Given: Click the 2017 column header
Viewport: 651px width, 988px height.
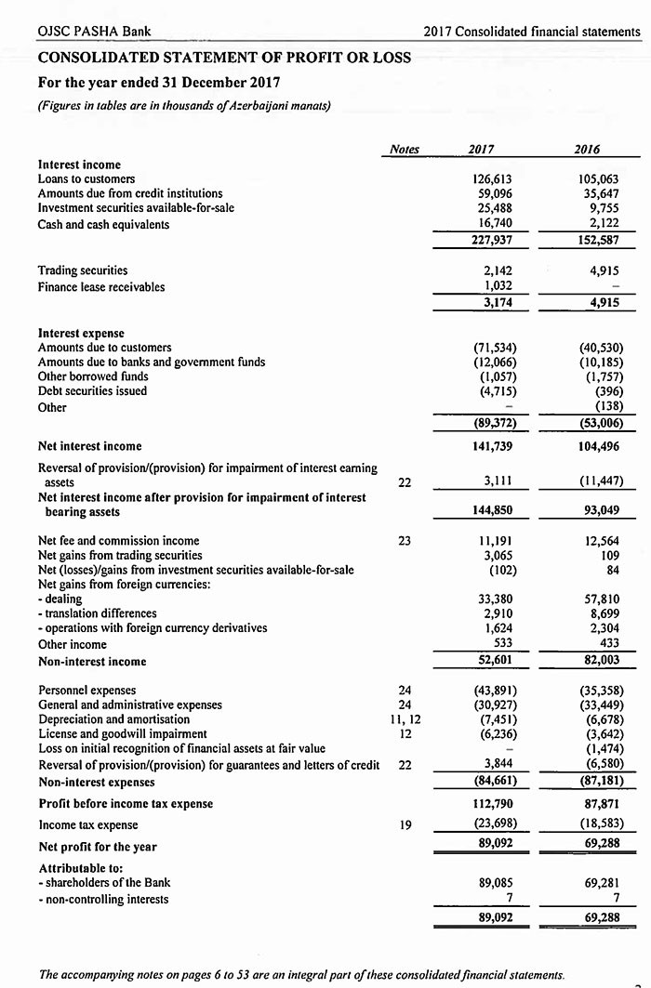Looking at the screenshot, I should coord(482,149).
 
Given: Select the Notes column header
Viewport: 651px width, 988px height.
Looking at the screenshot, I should coord(405,149).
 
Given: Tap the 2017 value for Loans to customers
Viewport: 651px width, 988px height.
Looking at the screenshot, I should coord(493,178).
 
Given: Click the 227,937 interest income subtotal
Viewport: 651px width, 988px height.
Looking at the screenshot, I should coord(492,240).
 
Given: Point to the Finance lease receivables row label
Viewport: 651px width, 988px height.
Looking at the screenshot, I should coord(101,286).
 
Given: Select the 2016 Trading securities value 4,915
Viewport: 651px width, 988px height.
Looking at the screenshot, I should coord(604,270).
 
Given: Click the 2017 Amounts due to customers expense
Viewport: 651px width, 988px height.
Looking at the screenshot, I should coord(494,347).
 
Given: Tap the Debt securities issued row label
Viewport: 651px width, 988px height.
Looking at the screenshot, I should coord(92,391).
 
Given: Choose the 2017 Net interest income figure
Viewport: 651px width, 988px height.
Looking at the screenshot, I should coord(492,446).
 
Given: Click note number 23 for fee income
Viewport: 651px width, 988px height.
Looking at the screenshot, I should coord(405,540).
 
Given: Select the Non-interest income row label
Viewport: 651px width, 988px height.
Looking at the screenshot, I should coord(92,662).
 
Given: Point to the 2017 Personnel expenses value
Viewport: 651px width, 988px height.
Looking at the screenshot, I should coord(494,690).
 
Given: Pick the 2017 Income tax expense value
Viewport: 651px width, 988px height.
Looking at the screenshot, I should coord(494,823).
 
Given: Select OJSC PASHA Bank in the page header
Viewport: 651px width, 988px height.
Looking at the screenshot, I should coord(94,32).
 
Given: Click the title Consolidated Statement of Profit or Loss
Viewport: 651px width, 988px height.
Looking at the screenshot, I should coord(224,58).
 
